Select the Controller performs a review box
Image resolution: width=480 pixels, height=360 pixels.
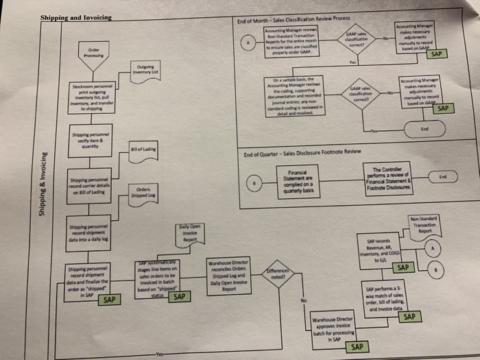tap(393, 179)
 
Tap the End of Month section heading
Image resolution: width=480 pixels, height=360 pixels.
tap(293, 22)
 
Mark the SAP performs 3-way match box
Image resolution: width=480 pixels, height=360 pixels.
tap(393, 299)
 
